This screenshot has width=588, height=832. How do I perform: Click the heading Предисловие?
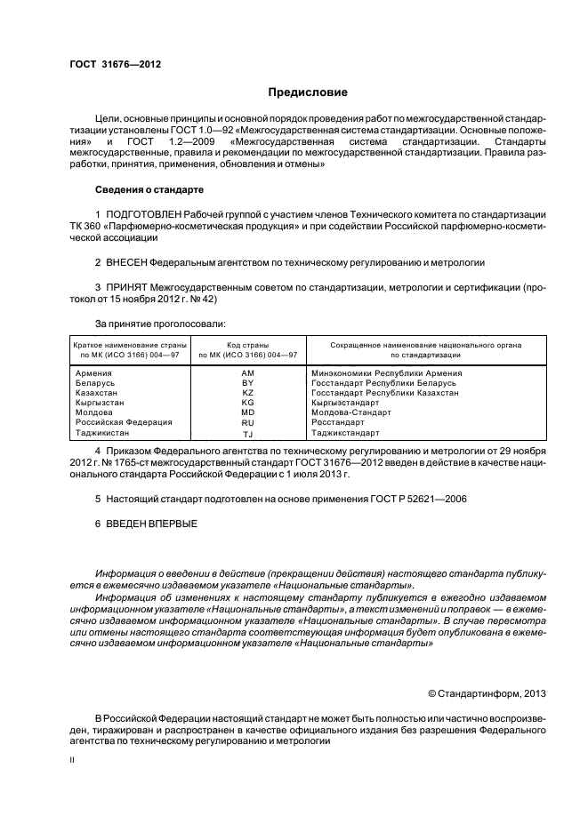click(308, 92)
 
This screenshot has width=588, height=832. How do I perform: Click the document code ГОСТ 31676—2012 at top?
click(115, 63)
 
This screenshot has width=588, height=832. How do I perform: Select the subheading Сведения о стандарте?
click(149, 190)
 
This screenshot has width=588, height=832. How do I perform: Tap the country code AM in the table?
click(248, 373)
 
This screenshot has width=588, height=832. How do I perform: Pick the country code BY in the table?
click(248, 383)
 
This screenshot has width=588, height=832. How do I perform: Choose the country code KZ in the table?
click(248, 393)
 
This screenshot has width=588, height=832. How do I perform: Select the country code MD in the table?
click(248, 413)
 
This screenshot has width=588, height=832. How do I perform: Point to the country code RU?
click(248, 423)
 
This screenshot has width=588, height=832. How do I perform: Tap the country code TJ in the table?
click(248, 434)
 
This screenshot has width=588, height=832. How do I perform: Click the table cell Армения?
click(93, 373)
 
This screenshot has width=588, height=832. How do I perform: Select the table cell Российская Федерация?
click(124, 423)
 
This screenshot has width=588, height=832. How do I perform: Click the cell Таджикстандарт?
click(345, 434)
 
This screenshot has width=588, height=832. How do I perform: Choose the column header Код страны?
click(247, 343)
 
